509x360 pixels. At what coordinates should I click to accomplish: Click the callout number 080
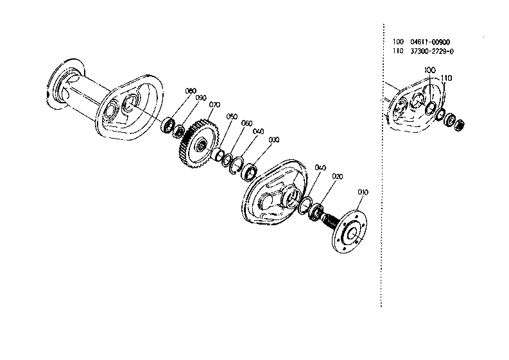pos(190,90)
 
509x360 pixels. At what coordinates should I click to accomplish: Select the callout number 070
pos(214,105)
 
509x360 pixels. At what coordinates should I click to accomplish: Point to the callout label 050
pos(232,116)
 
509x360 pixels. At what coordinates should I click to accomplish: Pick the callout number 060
pos(246,123)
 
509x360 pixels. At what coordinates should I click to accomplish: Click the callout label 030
pos(274,139)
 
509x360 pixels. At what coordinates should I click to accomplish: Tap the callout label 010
pos(363,192)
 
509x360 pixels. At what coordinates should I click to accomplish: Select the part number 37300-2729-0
pos(436,51)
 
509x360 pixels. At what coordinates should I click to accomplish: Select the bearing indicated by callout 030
pos(249,171)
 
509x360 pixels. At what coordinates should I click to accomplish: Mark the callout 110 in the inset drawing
pos(447,78)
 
